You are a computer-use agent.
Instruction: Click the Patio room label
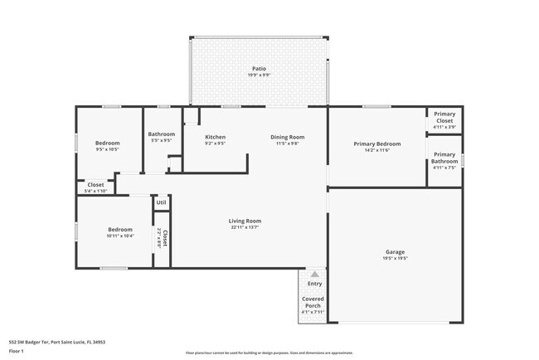260,68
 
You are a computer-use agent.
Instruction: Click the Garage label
395,251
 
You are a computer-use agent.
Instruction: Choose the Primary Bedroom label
377,144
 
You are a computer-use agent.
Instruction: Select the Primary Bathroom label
444,157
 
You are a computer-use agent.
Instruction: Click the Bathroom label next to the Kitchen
161,134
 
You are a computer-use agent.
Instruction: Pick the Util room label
161,202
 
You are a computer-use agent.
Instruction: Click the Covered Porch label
313,302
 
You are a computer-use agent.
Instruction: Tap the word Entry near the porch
314,284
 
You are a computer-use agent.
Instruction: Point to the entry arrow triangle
314,273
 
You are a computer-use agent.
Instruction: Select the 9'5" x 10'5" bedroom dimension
107,149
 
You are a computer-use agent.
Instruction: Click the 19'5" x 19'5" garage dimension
395,258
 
